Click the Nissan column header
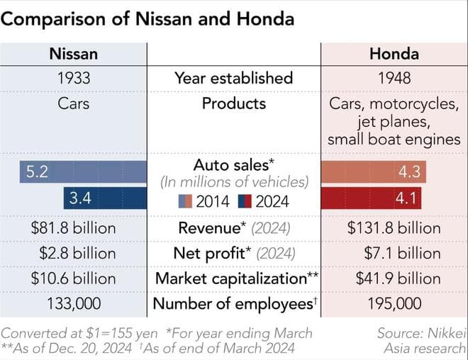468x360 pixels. click(x=73, y=54)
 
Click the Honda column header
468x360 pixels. click(x=394, y=54)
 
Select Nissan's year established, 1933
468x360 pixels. click(x=73, y=78)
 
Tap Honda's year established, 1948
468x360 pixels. click(x=394, y=78)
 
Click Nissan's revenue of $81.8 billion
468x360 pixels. click(x=73, y=228)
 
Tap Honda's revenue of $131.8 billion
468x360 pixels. click(x=394, y=228)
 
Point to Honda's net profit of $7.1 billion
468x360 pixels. click(x=394, y=253)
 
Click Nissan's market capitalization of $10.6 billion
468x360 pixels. click(x=73, y=278)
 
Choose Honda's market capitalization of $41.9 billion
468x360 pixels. click(x=394, y=278)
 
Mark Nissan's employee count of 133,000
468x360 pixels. click(x=73, y=303)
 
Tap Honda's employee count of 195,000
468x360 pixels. click(x=394, y=303)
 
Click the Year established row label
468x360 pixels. click(x=233, y=78)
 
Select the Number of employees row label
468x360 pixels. click(x=233, y=303)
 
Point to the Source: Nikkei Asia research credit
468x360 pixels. click(x=421, y=340)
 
